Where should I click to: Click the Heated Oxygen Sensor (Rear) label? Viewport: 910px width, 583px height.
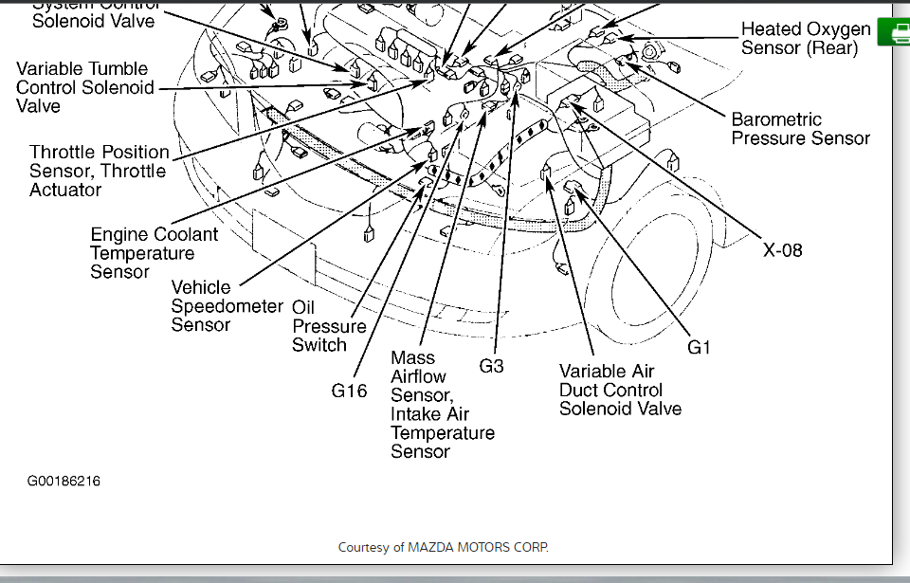coord(805,39)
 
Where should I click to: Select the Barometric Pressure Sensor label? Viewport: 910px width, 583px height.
coord(800,129)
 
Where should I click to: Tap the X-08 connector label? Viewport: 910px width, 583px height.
coord(783,250)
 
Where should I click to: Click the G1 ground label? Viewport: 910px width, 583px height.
coord(699,348)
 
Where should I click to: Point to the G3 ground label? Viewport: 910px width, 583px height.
coord(491,366)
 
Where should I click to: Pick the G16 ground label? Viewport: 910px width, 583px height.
coord(349,391)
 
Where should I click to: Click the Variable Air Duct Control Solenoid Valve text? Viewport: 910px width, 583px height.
coord(620,390)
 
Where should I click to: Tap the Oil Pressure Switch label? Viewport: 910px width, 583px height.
coord(328,326)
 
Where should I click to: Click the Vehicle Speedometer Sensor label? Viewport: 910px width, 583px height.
coord(227,305)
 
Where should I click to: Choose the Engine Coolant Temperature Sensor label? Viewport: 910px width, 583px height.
coord(154,253)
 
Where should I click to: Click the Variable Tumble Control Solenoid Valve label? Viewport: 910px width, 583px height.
coord(83,87)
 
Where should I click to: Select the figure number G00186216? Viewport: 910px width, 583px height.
coord(64,482)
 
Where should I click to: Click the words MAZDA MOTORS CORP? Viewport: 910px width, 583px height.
coord(478,547)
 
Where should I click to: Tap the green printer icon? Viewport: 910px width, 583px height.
coord(893,32)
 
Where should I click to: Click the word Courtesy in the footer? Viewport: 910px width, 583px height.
coord(364,547)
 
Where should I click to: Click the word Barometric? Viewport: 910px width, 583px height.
coord(776,119)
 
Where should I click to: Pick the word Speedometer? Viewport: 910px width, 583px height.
coord(227,306)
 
